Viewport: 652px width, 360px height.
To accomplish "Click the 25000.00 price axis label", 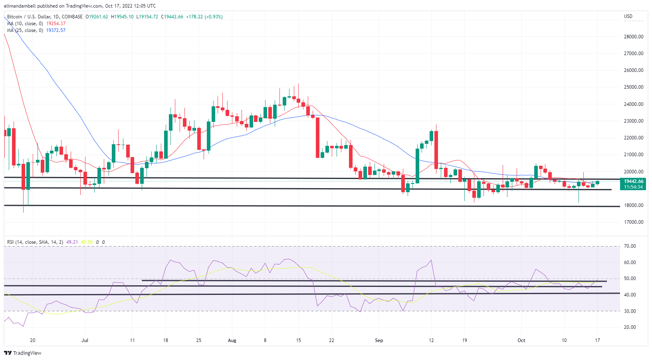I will [634, 87].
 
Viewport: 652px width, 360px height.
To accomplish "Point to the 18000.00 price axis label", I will [634, 205].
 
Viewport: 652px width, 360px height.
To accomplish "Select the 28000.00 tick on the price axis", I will [634, 37].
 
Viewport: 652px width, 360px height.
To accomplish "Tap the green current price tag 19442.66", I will [634, 181].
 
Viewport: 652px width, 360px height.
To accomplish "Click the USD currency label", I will [628, 16].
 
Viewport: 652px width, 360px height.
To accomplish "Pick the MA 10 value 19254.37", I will [56, 24].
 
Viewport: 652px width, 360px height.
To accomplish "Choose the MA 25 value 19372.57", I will [56, 30].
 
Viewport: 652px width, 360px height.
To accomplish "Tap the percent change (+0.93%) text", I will [213, 17].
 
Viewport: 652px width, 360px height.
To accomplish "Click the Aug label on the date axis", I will [232, 340].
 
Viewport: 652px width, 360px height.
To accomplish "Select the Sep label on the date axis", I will [379, 340].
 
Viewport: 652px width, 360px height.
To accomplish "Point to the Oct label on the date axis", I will [521, 340].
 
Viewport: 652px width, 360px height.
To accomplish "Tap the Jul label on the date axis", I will [85, 340].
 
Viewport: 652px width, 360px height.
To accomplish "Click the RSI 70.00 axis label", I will [630, 246].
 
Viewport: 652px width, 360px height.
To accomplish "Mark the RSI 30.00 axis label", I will [630, 311].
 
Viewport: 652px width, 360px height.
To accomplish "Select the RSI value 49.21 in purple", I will [72, 242].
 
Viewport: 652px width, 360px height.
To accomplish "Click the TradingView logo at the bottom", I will [23, 353].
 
